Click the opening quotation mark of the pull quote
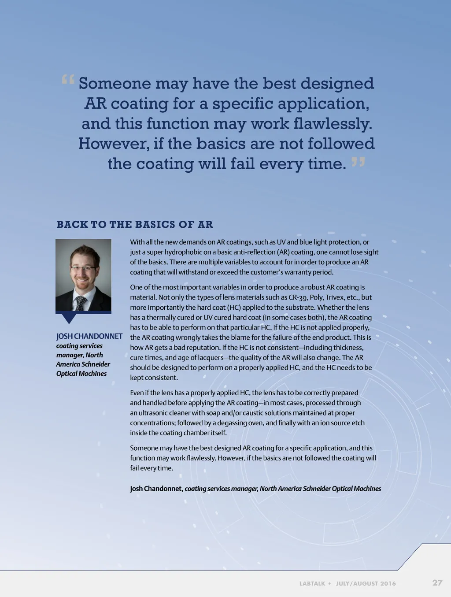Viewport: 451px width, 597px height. pyautogui.click(x=68, y=79)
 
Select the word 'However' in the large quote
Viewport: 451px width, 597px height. pyautogui.click(x=113, y=144)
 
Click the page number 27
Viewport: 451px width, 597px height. pyautogui.click(x=437, y=582)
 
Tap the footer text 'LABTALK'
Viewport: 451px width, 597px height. pyautogui.click(x=312, y=583)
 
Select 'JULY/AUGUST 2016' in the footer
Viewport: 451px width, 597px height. pyautogui.click(x=366, y=583)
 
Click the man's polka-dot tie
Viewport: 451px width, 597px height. pyautogui.click(x=81, y=303)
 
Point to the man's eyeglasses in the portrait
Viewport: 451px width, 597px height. pyautogui.click(x=82, y=268)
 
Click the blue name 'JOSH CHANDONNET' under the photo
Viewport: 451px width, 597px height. pyautogui.click(x=89, y=336)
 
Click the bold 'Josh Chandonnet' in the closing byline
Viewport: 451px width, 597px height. pyautogui.click(x=156, y=489)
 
